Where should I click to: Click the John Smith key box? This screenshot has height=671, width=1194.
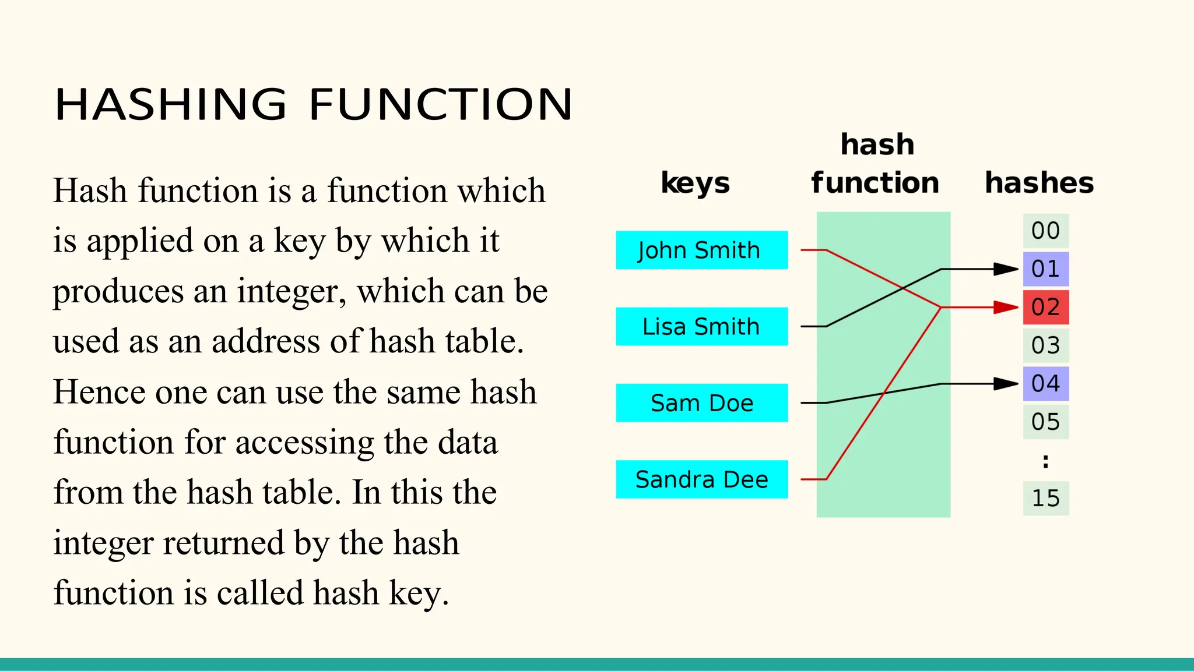(701, 250)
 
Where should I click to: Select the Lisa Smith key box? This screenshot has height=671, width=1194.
(701, 327)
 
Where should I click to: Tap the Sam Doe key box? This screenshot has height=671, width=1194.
(701, 403)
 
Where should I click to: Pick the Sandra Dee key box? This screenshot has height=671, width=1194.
(701, 479)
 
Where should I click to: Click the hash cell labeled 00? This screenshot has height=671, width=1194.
(1045, 231)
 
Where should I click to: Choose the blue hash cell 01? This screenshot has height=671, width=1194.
(1045, 269)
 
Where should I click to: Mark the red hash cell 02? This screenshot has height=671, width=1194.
(1045, 307)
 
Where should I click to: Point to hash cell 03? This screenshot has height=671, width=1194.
(1045, 345)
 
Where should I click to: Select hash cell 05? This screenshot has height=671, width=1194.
(1045, 422)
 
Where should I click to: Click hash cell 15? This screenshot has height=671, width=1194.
(1045, 498)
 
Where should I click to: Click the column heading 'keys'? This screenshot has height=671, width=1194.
(695, 183)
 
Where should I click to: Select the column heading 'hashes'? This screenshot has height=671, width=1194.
(1039, 183)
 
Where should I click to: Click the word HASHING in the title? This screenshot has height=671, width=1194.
(170, 105)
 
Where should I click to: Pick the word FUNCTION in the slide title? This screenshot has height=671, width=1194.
(441, 105)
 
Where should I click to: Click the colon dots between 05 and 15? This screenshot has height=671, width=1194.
(1045, 461)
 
